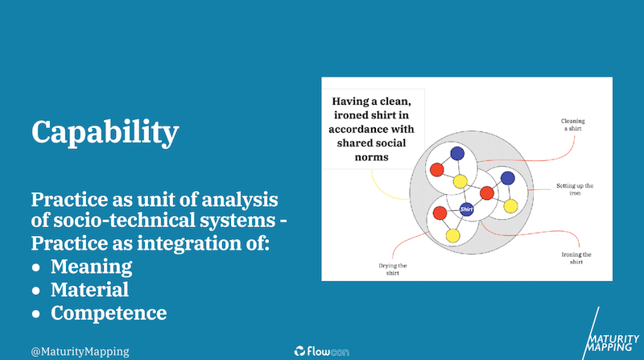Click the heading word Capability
[105, 132]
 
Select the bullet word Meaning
[91, 267]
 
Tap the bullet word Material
[89, 289]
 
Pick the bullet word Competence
[109, 313]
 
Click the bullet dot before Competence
[36, 314]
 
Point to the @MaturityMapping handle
[80, 351]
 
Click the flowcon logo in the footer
[321, 351]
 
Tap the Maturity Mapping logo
[612, 334]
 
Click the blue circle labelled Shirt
[467, 209]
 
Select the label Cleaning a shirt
[573, 125]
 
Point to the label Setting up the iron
[575, 189]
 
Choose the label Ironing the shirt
[576, 258]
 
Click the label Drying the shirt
[393, 269]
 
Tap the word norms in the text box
[372, 157]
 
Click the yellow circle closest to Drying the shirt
[452, 236]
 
